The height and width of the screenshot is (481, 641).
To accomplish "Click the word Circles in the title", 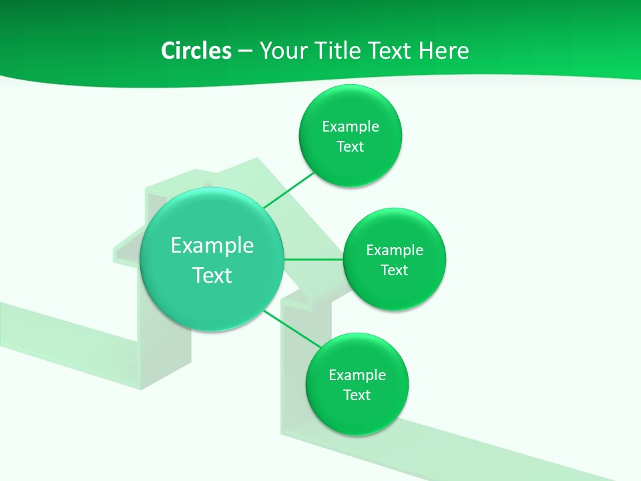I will tap(196, 51).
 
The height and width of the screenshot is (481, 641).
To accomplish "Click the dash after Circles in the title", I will tap(244, 51).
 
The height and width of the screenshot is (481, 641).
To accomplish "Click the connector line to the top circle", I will tap(289, 190).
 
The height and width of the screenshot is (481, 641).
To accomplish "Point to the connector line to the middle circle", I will tap(313, 259).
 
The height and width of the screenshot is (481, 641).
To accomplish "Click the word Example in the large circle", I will tap(212, 246).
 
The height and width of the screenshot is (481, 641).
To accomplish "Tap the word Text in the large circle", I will tap(212, 275).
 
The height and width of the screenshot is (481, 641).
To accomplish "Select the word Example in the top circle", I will tap(351, 127).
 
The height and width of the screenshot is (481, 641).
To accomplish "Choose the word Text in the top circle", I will tap(350, 147).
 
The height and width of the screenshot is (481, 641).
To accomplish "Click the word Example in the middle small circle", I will tap(395, 251).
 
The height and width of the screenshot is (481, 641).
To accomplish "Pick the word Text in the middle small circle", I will tap(394, 271).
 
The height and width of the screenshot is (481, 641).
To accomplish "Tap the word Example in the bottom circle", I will tap(357, 375).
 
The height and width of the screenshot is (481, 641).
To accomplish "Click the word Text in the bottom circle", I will tap(357, 395).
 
